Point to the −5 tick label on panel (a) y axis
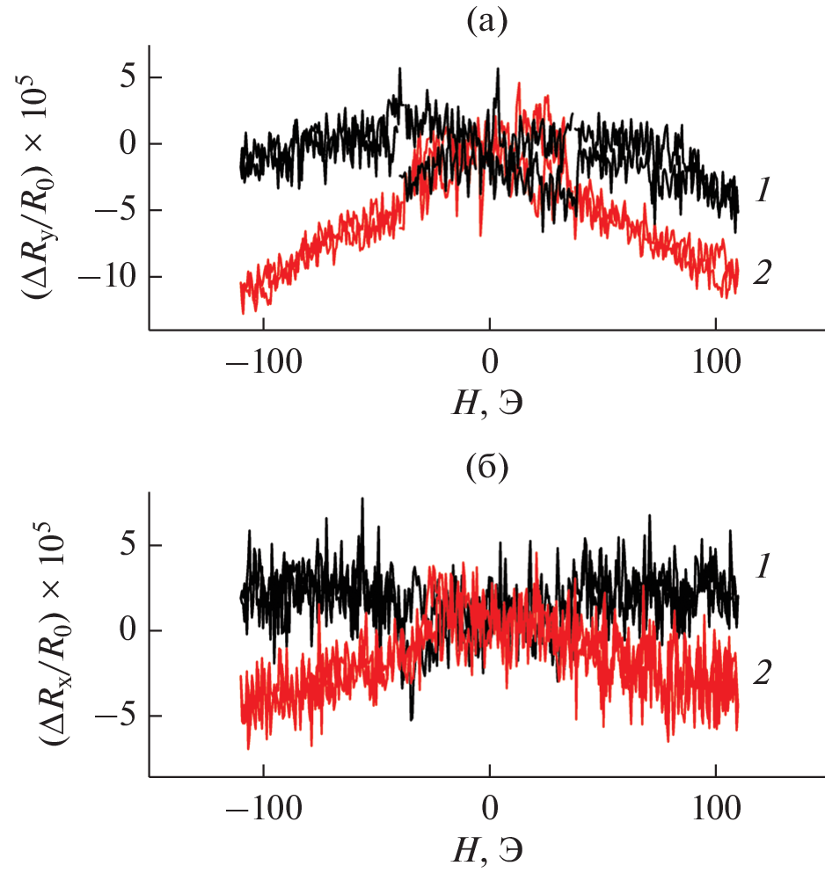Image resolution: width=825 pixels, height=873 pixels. point(117,210)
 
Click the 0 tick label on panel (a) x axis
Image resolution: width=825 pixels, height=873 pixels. point(489,362)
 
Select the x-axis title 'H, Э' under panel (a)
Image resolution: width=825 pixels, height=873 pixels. point(486,402)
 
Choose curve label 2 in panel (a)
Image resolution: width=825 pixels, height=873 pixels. point(762,273)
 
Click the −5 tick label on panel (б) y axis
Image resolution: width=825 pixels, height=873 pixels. point(117,716)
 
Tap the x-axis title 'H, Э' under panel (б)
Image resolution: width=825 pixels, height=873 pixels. point(486,848)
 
